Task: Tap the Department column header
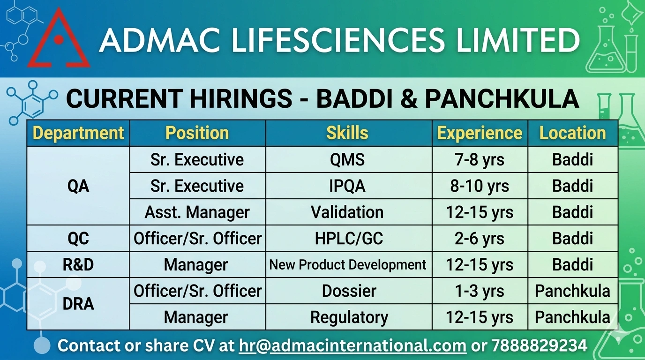click(x=78, y=133)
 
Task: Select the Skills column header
click(x=347, y=133)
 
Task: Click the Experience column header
click(x=480, y=133)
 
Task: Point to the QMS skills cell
click(x=347, y=159)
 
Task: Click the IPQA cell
click(x=347, y=186)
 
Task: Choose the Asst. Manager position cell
click(x=197, y=212)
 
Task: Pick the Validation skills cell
click(x=347, y=212)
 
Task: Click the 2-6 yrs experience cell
click(x=480, y=239)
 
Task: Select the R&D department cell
click(x=78, y=265)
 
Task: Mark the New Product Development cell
click(x=347, y=265)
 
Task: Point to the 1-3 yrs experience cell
click(x=480, y=291)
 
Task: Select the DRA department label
click(x=78, y=304)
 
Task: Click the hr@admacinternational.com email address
click(x=352, y=345)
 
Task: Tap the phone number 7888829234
click(x=540, y=345)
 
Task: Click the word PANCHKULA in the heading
click(x=502, y=99)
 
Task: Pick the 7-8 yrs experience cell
click(x=480, y=160)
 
